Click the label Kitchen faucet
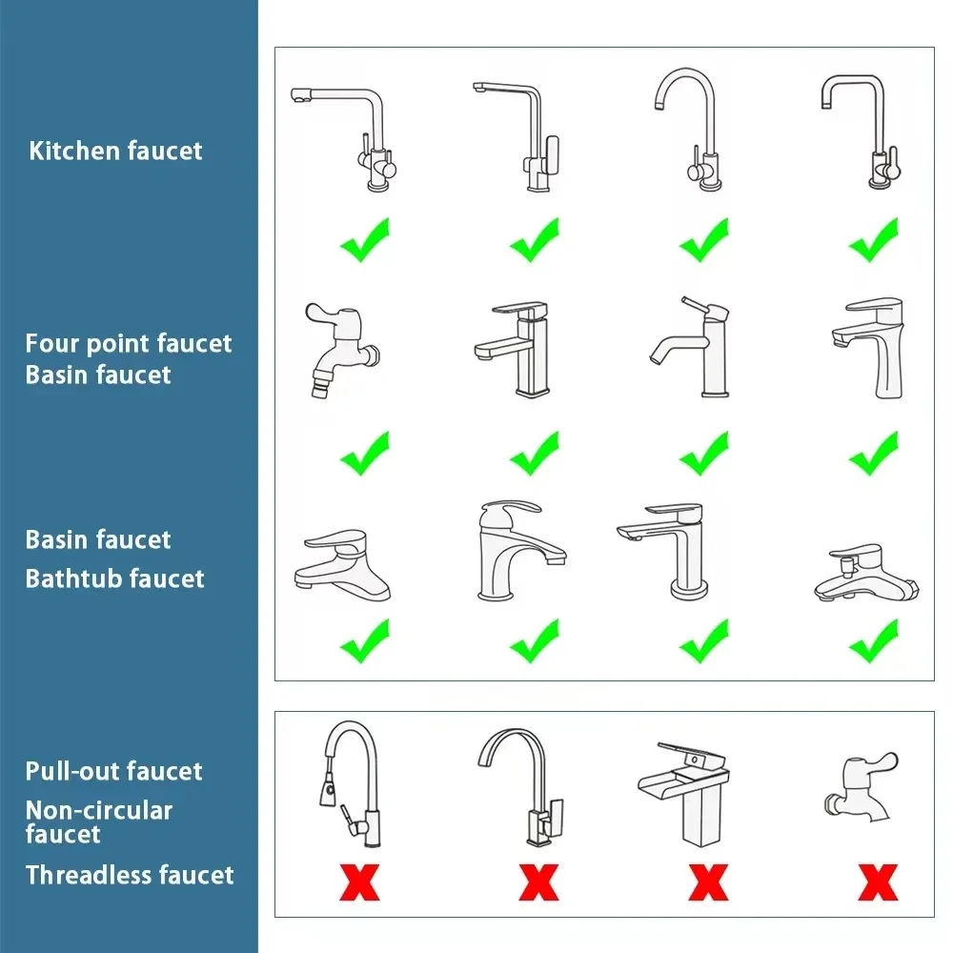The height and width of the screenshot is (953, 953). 115,151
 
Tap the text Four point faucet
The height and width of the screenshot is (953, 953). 129,343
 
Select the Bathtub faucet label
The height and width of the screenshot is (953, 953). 114,578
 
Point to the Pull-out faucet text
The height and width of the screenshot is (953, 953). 113,771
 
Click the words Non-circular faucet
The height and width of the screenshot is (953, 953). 98,821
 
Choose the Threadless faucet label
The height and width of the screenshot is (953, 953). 129,875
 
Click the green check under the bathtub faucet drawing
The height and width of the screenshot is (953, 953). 874,641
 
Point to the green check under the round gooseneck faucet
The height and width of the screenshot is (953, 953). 704,240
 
